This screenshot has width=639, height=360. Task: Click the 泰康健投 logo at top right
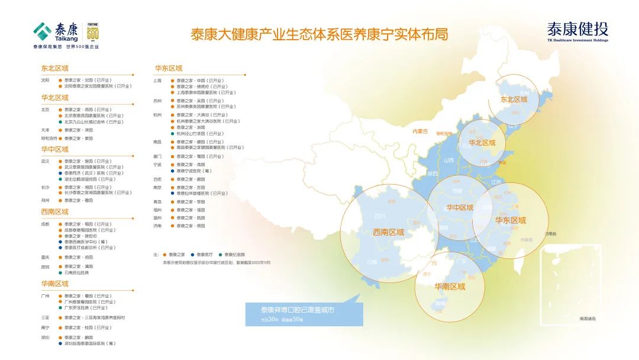pyautogui.click(x=577, y=31)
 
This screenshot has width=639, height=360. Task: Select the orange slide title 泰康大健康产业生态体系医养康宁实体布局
pyautogui.click(x=319, y=34)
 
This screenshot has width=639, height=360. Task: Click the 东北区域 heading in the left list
pyautogui.click(x=54, y=69)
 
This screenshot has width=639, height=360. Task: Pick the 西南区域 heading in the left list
pyautogui.click(x=54, y=212)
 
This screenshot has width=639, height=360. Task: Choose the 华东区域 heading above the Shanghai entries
pyautogui.click(x=169, y=69)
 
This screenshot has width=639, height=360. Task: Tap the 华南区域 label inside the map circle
pyautogui.click(x=450, y=287)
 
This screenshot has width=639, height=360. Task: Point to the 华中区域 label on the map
pyautogui.click(x=460, y=208)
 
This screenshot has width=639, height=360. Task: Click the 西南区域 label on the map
pyautogui.click(x=388, y=232)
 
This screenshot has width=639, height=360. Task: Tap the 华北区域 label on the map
pyautogui.click(x=482, y=143)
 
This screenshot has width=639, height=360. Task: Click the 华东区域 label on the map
pyautogui.click(x=510, y=220)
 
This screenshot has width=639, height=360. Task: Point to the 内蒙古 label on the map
pyautogui.click(x=419, y=131)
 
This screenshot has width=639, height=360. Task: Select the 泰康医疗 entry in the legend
pyautogui.click(x=206, y=254)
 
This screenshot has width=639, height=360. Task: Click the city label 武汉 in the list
pyautogui.click(x=45, y=161)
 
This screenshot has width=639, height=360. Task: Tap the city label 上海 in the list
pyautogui.click(x=157, y=81)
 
